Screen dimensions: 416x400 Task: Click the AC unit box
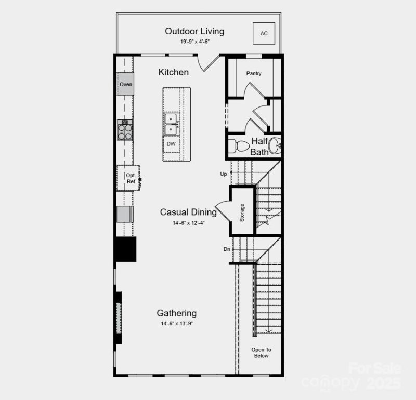264,33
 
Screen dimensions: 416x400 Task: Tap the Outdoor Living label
194,31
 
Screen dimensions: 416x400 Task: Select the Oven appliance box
125,84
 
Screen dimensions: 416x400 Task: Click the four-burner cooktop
125,131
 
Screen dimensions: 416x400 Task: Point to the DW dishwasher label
171,144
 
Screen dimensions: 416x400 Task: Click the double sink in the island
171,124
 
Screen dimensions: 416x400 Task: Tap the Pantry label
254,73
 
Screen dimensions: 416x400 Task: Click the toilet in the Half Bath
239,146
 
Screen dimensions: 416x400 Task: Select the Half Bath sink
275,146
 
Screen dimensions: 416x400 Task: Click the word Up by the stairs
224,174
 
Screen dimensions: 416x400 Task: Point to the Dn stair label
227,249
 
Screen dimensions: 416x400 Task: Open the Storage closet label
242,212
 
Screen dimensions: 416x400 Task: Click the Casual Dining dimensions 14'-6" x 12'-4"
189,223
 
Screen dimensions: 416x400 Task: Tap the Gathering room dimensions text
177,324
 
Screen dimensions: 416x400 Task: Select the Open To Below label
262,353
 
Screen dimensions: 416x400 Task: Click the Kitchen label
174,72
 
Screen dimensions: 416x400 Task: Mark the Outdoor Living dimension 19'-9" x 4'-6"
195,42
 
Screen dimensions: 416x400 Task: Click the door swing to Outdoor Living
209,63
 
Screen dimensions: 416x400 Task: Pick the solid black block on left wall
125,249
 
